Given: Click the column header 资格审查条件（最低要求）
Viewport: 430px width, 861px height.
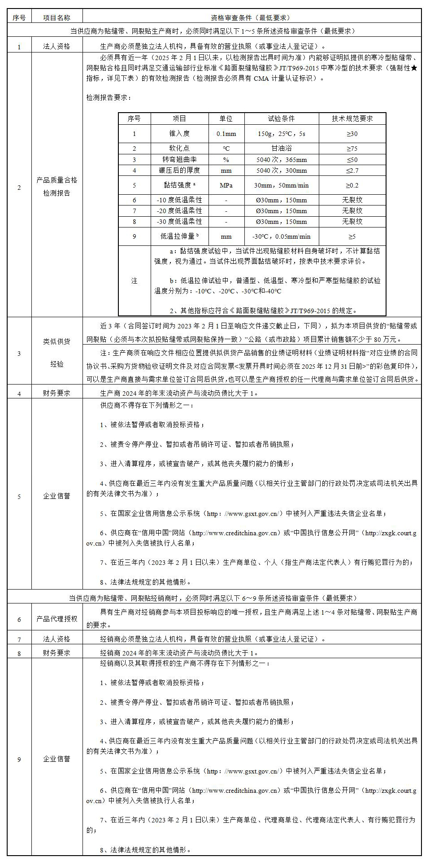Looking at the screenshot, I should click(251, 17).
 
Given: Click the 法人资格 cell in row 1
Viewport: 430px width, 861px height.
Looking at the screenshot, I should click(56, 46).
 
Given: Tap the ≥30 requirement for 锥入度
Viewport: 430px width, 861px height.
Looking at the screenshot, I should click(352, 134).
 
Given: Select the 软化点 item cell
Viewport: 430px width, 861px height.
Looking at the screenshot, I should click(179, 148).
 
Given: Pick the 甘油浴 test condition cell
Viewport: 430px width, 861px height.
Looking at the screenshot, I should click(281, 148).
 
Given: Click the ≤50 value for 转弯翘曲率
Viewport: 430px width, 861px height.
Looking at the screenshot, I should click(352, 160).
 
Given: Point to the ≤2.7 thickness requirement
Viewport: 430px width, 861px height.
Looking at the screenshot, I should click(352, 170).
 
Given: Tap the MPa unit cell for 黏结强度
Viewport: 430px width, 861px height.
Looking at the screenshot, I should click(226, 185).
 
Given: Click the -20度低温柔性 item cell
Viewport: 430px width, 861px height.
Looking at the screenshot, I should click(179, 211).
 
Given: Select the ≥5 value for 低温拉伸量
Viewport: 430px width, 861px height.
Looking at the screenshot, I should click(352, 236).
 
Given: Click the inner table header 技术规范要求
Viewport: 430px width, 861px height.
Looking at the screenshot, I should click(352, 118).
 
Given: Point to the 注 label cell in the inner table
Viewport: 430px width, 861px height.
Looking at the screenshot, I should click(134, 281).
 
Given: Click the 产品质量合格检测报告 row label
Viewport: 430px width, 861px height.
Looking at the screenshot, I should click(56, 187).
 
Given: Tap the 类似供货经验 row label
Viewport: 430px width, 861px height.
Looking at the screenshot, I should click(56, 353).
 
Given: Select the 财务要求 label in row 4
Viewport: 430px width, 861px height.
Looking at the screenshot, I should click(56, 393).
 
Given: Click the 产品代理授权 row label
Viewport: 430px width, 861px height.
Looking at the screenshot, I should click(56, 619).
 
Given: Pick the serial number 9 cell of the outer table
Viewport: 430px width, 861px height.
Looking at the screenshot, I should click(19, 759).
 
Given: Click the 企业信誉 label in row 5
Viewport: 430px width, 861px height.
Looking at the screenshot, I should click(56, 496).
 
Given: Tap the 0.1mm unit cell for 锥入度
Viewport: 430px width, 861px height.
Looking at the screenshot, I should click(226, 134).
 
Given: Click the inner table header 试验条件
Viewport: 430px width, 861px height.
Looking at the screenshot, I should click(281, 118).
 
